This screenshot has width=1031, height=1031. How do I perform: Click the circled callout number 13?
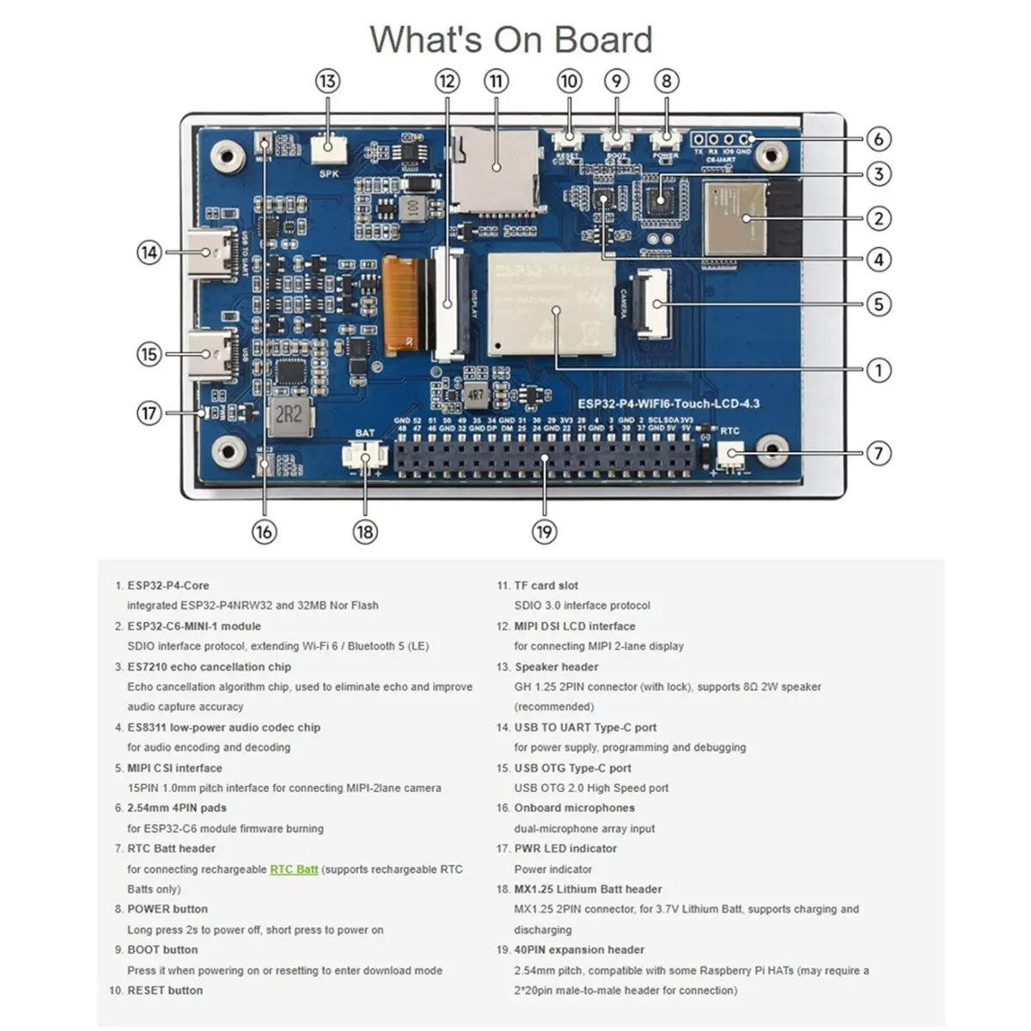click(327, 82)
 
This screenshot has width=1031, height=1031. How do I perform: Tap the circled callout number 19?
click(544, 532)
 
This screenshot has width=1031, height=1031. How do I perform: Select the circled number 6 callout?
click(878, 138)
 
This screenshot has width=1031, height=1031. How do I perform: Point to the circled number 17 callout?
click(149, 413)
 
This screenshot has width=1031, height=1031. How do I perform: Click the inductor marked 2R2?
click(290, 416)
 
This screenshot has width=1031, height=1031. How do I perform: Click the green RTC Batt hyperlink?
click(294, 869)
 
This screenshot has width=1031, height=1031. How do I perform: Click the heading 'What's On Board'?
click(511, 40)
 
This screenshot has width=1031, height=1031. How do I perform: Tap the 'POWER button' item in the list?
click(168, 909)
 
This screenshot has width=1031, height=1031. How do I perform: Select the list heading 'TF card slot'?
click(546, 585)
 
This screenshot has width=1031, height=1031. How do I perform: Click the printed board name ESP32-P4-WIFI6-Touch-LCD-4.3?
click(668, 404)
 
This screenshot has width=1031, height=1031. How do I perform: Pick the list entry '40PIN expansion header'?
click(579, 949)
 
